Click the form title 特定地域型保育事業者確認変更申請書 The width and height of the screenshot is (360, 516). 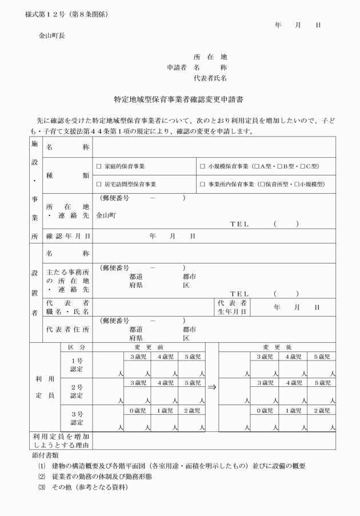pyautogui.click(x=179, y=99)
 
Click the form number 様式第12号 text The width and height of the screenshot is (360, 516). pyautogui.click(x=46, y=13)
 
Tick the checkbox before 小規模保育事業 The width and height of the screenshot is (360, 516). pyautogui.click(x=203, y=166)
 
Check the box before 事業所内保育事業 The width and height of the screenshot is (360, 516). pyautogui.click(x=203, y=185)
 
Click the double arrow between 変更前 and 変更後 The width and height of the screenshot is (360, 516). pyautogui.click(x=211, y=387)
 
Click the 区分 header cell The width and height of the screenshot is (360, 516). pyautogui.click(x=76, y=347)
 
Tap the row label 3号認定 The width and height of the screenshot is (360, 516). pyautogui.click(x=76, y=418)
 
